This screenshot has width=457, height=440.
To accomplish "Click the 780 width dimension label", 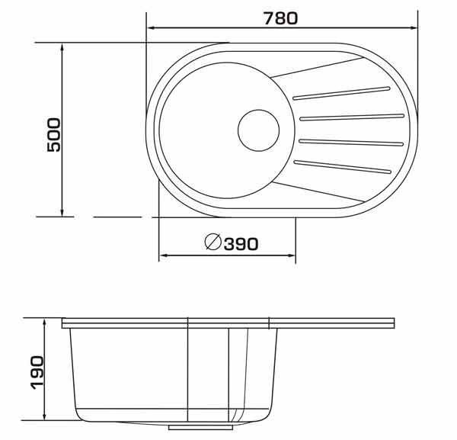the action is (280, 18).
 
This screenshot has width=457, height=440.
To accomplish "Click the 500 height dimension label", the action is (54, 135).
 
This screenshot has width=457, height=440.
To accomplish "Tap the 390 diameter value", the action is (241, 244).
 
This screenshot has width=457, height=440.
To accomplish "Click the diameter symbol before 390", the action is (213, 242).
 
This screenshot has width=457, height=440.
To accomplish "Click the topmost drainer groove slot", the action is (341, 93).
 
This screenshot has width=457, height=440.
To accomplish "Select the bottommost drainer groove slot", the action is (343, 167).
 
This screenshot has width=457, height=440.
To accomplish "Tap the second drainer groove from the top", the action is (352, 117).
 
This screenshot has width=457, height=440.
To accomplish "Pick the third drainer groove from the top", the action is (351, 143).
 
